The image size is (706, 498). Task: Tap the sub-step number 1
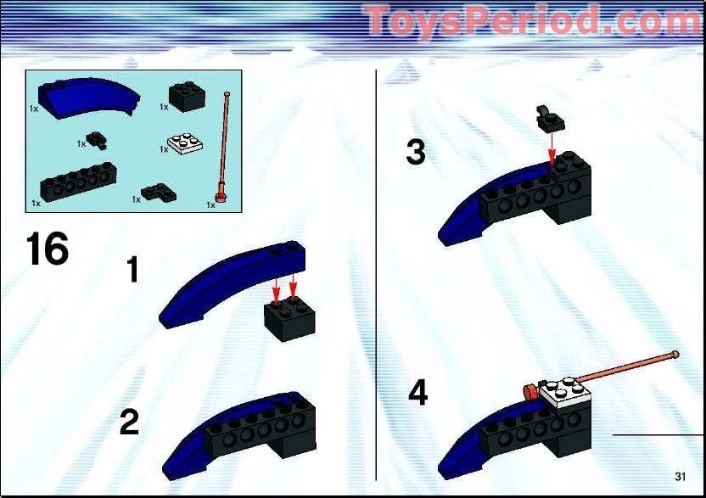(133, 270)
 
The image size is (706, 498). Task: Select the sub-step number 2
(129, 422)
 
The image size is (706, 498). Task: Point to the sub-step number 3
(415, 153)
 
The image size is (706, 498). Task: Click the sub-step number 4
(417, 394)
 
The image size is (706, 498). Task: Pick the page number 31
(681, 474)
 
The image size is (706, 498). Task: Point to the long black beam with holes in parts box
(77, 180)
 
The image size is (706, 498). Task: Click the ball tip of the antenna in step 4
(675, 354)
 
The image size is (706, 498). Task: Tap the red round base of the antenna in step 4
(529, 391)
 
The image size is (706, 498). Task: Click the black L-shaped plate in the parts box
(154, 193)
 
